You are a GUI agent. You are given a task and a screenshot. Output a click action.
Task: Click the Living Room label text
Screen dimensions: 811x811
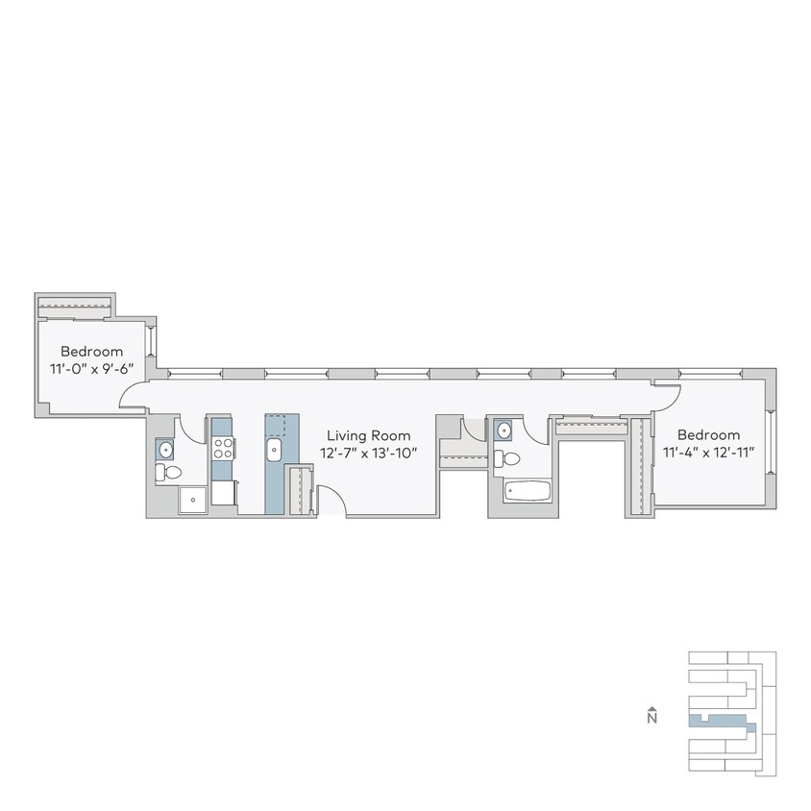[x=368, y=435]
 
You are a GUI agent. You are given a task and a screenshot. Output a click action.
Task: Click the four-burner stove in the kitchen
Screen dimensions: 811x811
[x=222, y=447]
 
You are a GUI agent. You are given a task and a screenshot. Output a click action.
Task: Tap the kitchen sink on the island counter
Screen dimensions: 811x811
[x=275, y=449]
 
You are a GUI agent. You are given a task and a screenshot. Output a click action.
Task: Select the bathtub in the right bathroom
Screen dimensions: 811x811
[x=527, y=492]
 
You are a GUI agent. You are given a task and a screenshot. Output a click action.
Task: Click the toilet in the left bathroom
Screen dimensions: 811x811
[x=169, y=472]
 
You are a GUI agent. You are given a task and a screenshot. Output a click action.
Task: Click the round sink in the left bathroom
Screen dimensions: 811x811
[x=164, y=448]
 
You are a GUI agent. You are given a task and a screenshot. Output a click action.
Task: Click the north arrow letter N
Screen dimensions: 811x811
[x=651, y=717]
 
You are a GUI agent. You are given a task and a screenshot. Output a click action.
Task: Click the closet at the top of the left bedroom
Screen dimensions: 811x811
[x=75, y=306]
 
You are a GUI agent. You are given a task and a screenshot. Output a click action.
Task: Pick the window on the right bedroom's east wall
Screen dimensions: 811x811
[x=769, y=443]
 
